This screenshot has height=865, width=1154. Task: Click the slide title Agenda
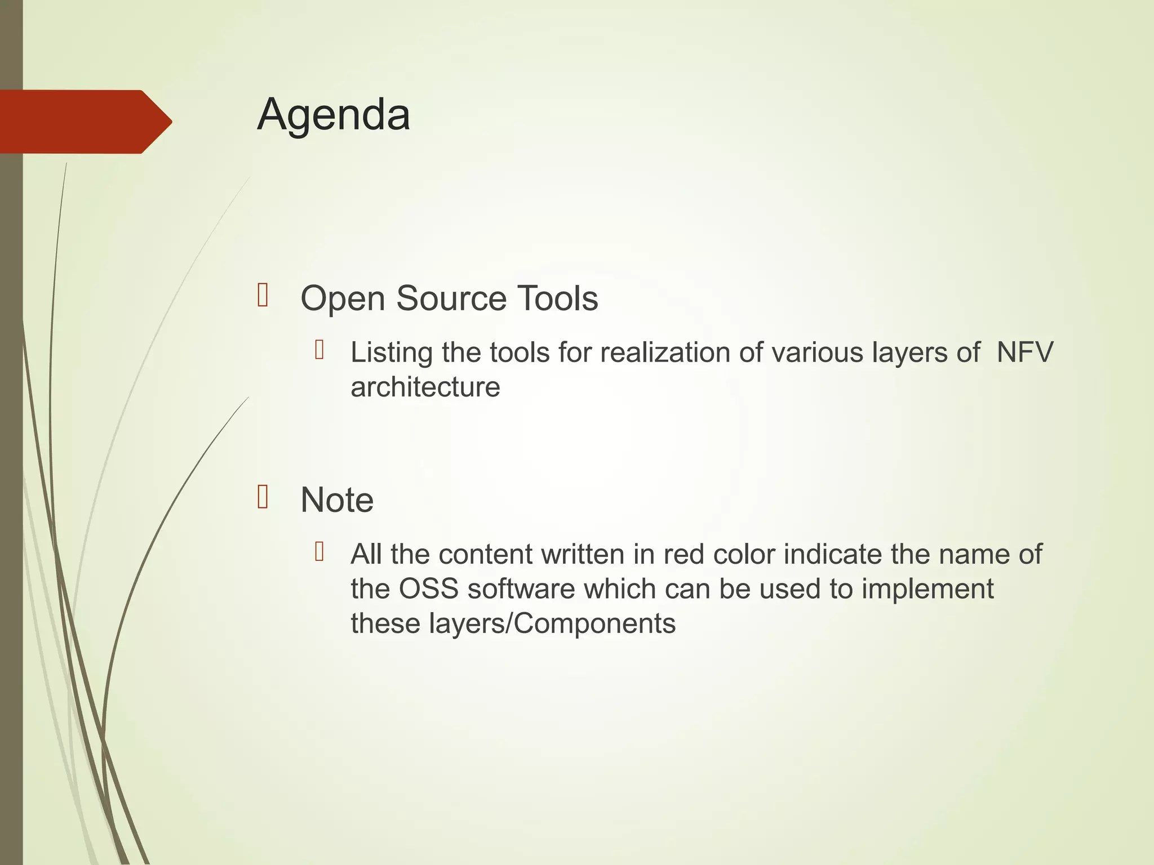point(334,115)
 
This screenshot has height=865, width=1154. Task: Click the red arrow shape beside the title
point(85,122)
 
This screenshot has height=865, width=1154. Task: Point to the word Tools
point(557,298)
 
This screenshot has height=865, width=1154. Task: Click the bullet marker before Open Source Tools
point(263,296)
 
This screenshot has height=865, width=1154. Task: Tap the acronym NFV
point(1024,353)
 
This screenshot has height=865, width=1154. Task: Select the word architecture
point(425,387)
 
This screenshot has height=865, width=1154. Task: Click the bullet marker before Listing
point(319,350)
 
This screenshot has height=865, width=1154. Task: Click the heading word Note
point(337,500)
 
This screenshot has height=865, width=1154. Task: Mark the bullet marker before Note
point(263,497)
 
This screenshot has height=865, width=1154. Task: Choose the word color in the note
point(744,555)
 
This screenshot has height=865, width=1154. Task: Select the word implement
point(927,590)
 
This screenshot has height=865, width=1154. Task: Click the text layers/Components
point(552,624)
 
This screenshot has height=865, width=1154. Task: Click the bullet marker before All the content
point(319,552)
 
